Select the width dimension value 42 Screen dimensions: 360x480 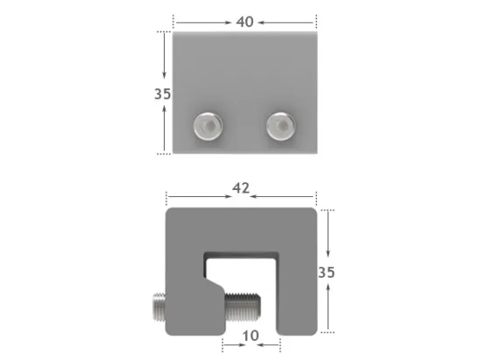pyautogui.click(x=242, y=187)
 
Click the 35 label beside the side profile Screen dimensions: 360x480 pyautogui.click(x=326, y=272)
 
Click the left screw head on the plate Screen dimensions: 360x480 pyautogui.click(x=207, y=128)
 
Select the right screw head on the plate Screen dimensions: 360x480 pyautogui.click(x=280, y=128)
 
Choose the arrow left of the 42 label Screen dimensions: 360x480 pyautogui.click(x=199, y=197)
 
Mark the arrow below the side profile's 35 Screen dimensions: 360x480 pyautogui.click(x=327, y=306)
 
